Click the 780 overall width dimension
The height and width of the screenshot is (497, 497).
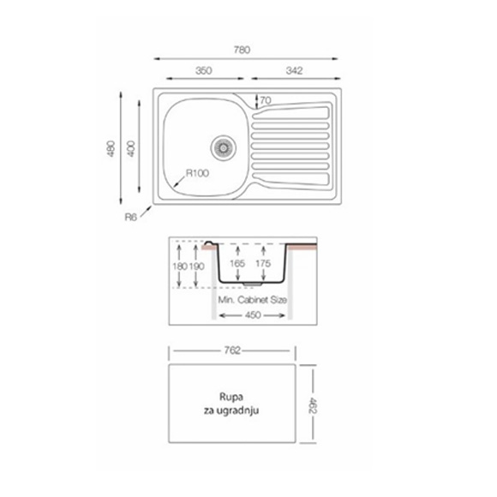coord(242,50)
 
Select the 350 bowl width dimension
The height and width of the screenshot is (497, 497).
coord(203,70)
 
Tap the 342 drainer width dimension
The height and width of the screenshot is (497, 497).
coord(294,70)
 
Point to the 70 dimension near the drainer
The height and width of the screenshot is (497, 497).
coord(266,100)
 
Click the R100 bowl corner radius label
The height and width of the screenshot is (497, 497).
coord(197,173)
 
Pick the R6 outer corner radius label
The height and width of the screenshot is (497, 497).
coord(130,217)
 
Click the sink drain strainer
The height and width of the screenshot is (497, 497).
coord(224,147)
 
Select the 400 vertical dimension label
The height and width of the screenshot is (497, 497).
coord(130,148)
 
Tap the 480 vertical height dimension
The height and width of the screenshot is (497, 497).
coord(111,148)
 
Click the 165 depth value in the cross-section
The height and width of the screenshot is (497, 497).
coord(237,263)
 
